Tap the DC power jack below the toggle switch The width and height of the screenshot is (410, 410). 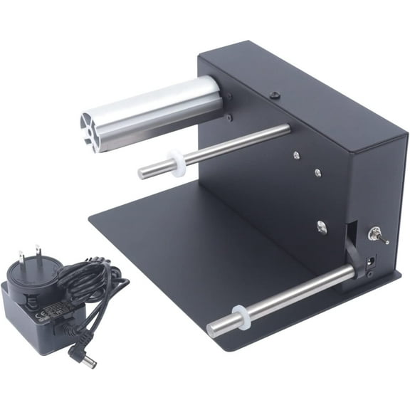(370, 263)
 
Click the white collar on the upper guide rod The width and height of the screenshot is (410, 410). (176, 162)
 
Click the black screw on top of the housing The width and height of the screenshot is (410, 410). (273, 93)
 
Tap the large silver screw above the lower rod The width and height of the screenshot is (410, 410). (321, 227)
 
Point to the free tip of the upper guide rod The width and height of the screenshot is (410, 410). (142, 172)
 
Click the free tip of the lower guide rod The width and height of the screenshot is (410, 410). (211, 328)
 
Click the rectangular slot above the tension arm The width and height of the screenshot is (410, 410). (351, 230)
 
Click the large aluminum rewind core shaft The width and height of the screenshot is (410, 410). (157, 110)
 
